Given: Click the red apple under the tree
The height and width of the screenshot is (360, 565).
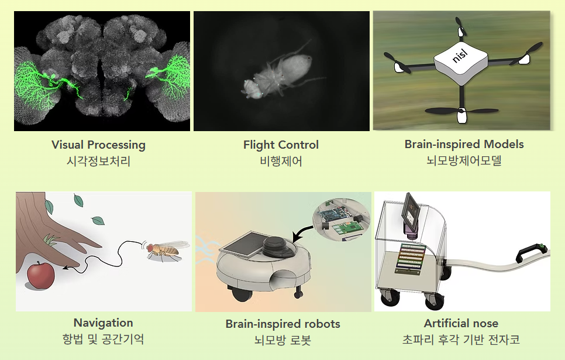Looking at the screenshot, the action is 41,276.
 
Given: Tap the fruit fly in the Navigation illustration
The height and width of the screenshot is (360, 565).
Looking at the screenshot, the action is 166,249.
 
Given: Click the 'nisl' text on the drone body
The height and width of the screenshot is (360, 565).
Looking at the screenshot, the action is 460,56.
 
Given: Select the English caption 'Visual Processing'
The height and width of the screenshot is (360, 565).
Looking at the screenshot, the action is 98,145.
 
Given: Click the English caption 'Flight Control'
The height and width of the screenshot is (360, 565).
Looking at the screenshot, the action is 281,145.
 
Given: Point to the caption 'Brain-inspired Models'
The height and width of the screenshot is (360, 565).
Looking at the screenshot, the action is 464,144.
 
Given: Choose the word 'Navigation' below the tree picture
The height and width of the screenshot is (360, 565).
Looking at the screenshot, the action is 103,323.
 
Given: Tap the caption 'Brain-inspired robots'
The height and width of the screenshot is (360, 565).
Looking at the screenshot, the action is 283,324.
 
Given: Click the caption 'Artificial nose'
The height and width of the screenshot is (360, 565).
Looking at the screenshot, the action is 461,323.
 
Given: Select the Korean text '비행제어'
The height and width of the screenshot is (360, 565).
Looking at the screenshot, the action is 281,161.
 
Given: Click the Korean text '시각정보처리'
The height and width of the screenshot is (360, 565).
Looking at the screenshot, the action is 98,161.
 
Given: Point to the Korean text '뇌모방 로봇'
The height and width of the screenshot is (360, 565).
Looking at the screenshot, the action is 283,340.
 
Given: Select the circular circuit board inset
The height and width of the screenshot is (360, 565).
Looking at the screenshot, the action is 342,219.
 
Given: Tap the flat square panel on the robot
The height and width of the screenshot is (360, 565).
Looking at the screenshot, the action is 246,245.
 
